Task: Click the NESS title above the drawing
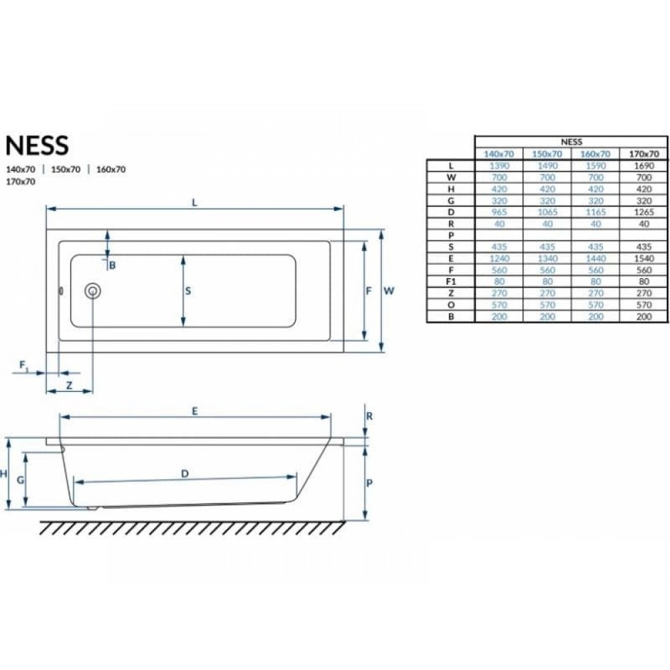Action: [x=37, y=145]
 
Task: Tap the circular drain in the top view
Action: [x=92, y=291]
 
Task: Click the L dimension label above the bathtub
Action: [x=195, y=202]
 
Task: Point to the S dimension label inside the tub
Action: [x=188, y=291]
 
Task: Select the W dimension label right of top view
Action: [x=389, y=291]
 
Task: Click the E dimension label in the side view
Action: [x=195, y=411]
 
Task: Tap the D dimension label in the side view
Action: [x=185, y=474]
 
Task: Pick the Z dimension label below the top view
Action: [x=69, y=385]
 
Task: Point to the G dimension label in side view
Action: [x=20, y=480]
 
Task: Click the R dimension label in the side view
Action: [x=370, y=416]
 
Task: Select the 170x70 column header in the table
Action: [x=644, y=154]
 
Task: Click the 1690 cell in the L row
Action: [x=644, y=165]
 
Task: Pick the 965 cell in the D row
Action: [x=499, y=212]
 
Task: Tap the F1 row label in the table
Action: [x=451, y=281]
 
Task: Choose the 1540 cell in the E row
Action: [x=644, y=259]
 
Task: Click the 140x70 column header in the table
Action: [x=498, y=154]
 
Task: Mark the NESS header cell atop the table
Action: [x=572, y=142]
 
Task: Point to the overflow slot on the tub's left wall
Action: [x=61, y=291]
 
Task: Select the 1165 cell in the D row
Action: [x=596, y=212]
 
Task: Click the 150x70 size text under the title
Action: [x=66, y=170]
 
